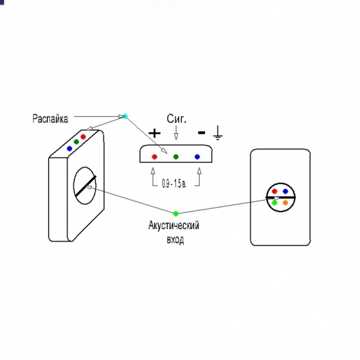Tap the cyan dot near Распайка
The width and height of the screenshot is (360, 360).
coord(125,116)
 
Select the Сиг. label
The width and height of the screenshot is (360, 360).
coord(176,119)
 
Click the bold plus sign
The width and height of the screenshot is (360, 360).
coord(155,133)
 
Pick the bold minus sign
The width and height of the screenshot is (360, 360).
coord(202,132)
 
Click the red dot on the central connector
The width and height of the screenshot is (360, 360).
coord(155,156)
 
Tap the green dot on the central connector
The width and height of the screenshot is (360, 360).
coord(176,156)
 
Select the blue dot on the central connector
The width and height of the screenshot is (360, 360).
coord(197,156)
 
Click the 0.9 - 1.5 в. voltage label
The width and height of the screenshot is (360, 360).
coord(176,182)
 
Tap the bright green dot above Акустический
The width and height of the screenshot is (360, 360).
coord(176,213)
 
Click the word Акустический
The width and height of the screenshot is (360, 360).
coord(173,226)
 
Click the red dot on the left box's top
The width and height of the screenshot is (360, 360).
coord(83,137)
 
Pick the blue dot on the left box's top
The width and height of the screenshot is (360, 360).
coord(70,148)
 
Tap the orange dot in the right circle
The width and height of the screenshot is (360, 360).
coord(286,203)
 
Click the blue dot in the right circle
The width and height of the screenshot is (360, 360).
coord(286,191)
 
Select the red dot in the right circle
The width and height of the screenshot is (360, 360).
coord(275,191)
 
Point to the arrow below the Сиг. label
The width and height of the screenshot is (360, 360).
coord(176,133)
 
